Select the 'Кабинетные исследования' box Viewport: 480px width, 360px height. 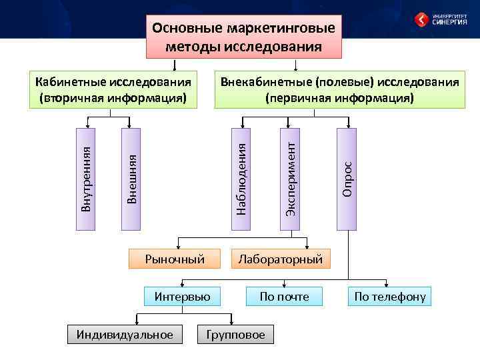tap(113, 89)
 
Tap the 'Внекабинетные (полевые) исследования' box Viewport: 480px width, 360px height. tap(339, 89)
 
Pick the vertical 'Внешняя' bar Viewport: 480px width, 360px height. tap(132, 178)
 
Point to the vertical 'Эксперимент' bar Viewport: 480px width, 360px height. tap(290, 178)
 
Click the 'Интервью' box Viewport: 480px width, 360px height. tap(182, 296)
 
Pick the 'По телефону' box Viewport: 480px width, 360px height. tap(390, 296)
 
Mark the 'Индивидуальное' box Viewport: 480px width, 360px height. tap(125, 334)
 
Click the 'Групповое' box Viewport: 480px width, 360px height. tap(236, 334)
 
